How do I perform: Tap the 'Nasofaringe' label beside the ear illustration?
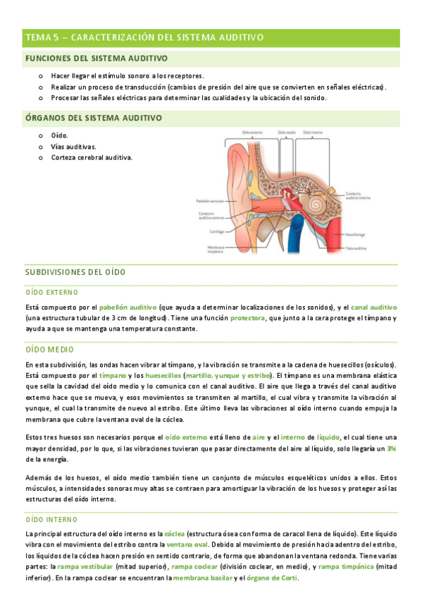tap(356, 234)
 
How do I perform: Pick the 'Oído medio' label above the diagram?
tap(286, 132)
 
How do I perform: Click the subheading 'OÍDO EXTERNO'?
tap(51, 292)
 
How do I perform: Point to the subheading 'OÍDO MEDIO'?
tap(49, 349)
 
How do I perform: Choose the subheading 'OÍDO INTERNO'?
tap(51, 518)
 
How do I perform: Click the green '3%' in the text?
tap(391, 448)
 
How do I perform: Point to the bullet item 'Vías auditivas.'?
tap(74, 147)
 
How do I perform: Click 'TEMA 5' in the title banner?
tap(41, 37)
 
